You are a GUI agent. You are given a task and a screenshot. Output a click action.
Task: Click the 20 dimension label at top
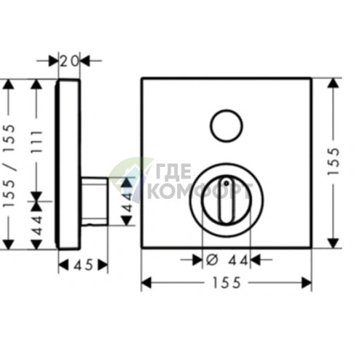69,61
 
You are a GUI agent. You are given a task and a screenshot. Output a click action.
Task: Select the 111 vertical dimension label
37,142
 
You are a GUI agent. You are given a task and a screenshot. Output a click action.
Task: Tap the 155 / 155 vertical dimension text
9,165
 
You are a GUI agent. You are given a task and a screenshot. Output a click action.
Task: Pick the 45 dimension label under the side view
83,265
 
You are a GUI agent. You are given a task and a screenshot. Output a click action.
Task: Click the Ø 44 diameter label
227,261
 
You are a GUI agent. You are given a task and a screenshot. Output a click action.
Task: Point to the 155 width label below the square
226,282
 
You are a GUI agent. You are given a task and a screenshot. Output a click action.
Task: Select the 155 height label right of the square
334,161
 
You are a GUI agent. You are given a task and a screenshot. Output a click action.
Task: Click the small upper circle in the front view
226,126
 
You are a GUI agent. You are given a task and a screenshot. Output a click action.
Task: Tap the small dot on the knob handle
226,183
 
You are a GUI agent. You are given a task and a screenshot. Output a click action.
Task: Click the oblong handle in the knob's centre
226,200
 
